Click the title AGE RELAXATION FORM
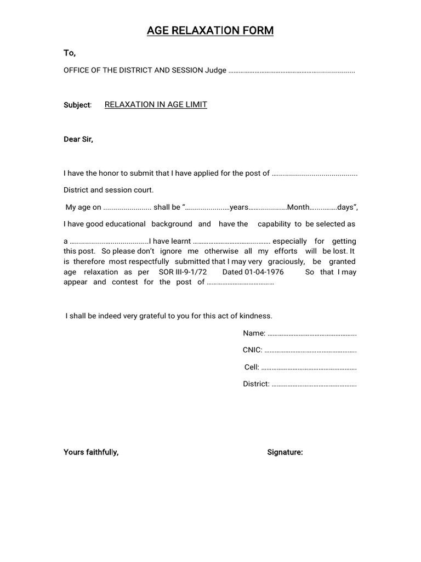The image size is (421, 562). (x=210, y=31)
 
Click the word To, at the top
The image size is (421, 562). (x=70, y=53)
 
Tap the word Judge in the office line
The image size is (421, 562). (x=215, y=71)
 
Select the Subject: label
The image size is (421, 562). (x=77, y=105)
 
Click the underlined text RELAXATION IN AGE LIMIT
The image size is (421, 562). (x=156, y=104)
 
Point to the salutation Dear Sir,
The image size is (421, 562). (x=78, y=139)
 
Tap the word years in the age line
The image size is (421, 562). (x=239, y=207)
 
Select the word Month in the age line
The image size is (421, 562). (x=298, y=207)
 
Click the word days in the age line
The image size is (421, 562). (x=345, y=207)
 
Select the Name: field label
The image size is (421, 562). (x=254, y=333)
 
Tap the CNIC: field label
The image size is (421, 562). (x=253, y=350)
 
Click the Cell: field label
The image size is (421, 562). (x=252, y=367)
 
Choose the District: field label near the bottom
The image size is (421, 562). (x=256, y=384)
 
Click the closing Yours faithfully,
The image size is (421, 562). (x=91, y=452)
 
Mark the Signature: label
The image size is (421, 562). (x=285, y=452)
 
